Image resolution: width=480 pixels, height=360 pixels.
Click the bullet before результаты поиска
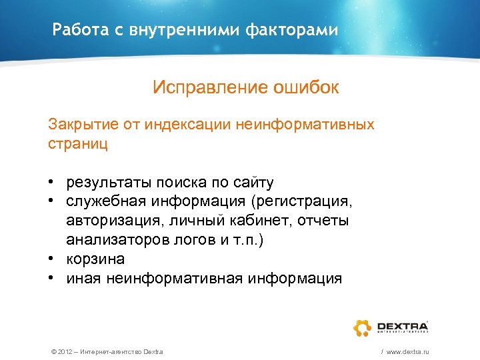51,183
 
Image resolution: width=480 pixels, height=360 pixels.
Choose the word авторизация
107,221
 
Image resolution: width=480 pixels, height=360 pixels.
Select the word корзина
95,259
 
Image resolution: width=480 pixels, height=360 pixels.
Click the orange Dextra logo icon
362,327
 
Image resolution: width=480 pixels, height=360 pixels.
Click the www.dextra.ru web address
405,351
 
